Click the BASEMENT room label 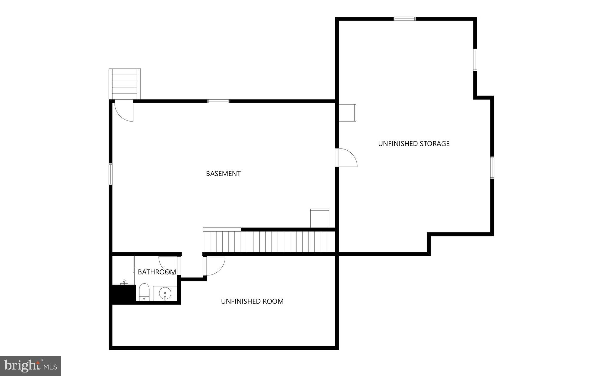tap(223, 174)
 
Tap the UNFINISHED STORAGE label tap(413, 144)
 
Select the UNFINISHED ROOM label tap(252, 301)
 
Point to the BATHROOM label tap(157, 272)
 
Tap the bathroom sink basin tap(165, 293)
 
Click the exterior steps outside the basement tap(125, 84)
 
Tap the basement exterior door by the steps tap(124, 110)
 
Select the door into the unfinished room tap(215, 266)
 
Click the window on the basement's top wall tap(218, 102)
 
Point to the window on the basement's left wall tap(111, 174)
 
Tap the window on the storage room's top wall tap(405, 19)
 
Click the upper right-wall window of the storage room tap(475, 60)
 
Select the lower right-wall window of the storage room tap(492, 168)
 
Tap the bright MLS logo tap(31, 366)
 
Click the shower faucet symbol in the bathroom tap(124, 282)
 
